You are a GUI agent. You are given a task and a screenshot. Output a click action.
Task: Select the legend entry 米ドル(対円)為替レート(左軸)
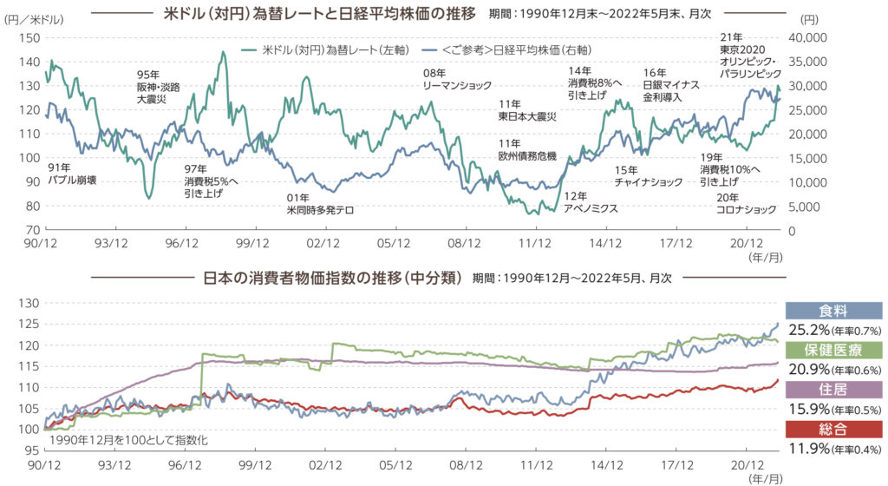(x=326, y=51)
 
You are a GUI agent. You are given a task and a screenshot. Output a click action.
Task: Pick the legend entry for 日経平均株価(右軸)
(x=516, y=51)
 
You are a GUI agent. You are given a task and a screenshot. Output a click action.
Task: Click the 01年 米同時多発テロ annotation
(x=319, y=203)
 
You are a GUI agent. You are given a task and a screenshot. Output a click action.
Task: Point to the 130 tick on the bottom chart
(x=29, y=303)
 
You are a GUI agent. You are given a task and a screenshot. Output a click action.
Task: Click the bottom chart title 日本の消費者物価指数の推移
(x=333, y=279)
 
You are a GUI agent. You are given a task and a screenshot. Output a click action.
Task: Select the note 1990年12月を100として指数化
(x=121, y=440)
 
